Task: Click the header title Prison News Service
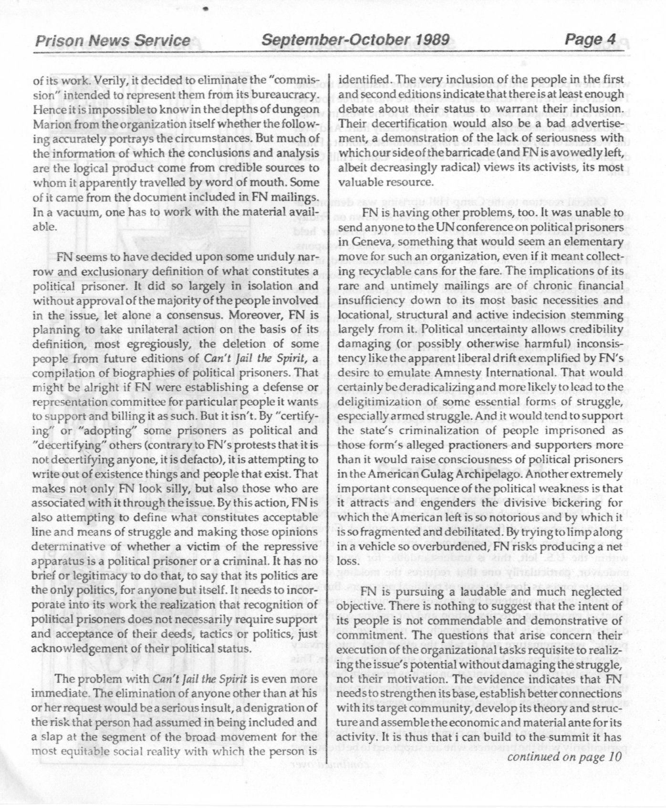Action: click(x=112, y=41)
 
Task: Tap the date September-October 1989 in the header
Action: click(x=355, y=40)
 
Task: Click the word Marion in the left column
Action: click(x=49, y=124)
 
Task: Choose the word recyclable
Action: click(x=387, y=271)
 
